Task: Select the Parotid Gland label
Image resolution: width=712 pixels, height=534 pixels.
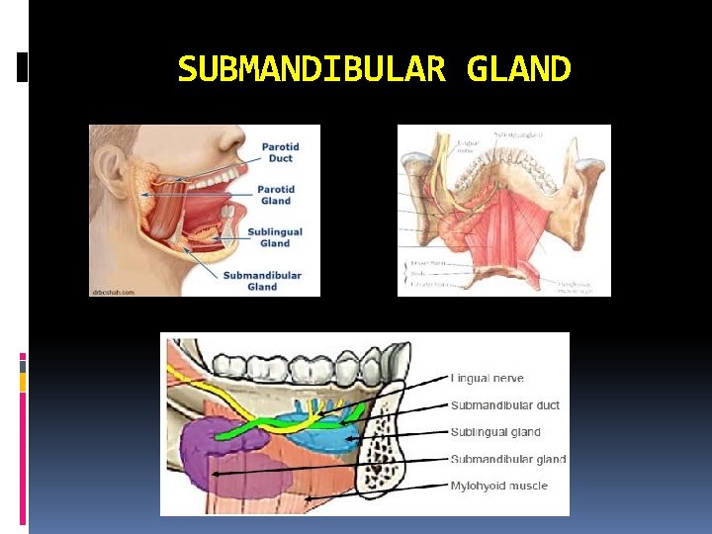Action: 275,195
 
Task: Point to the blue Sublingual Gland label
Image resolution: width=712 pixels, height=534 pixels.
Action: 275,237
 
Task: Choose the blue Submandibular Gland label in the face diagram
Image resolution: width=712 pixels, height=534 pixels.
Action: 262,281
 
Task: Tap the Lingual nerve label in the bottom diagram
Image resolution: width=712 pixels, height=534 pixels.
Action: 488,378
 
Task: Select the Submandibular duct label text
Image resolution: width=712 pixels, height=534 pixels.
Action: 505,405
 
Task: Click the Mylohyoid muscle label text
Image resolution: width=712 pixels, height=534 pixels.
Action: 499,486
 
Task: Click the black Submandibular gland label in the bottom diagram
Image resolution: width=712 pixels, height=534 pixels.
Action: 508,459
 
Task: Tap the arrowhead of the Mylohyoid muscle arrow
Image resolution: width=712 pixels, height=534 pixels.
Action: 308,499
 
